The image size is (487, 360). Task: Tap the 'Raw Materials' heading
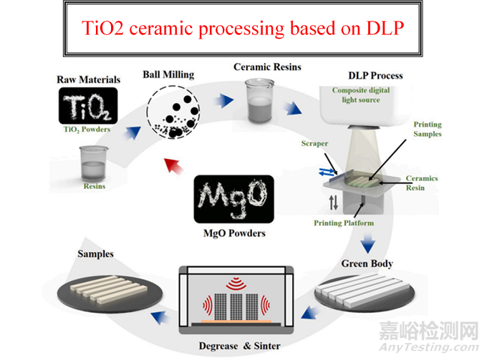tap(88, 79)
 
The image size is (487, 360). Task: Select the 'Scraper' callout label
tap(314, 143)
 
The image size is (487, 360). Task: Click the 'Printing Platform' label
tap(344, 223)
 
